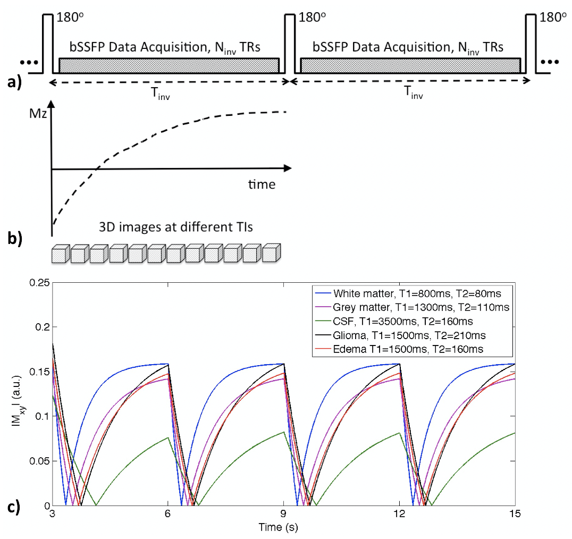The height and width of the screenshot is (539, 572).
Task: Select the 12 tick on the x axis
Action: (399, 515)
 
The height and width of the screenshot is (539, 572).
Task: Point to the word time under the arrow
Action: (261, 184)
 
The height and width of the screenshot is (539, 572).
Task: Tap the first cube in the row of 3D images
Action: (61, 254)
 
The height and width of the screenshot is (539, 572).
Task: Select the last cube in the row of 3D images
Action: (270, 253)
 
